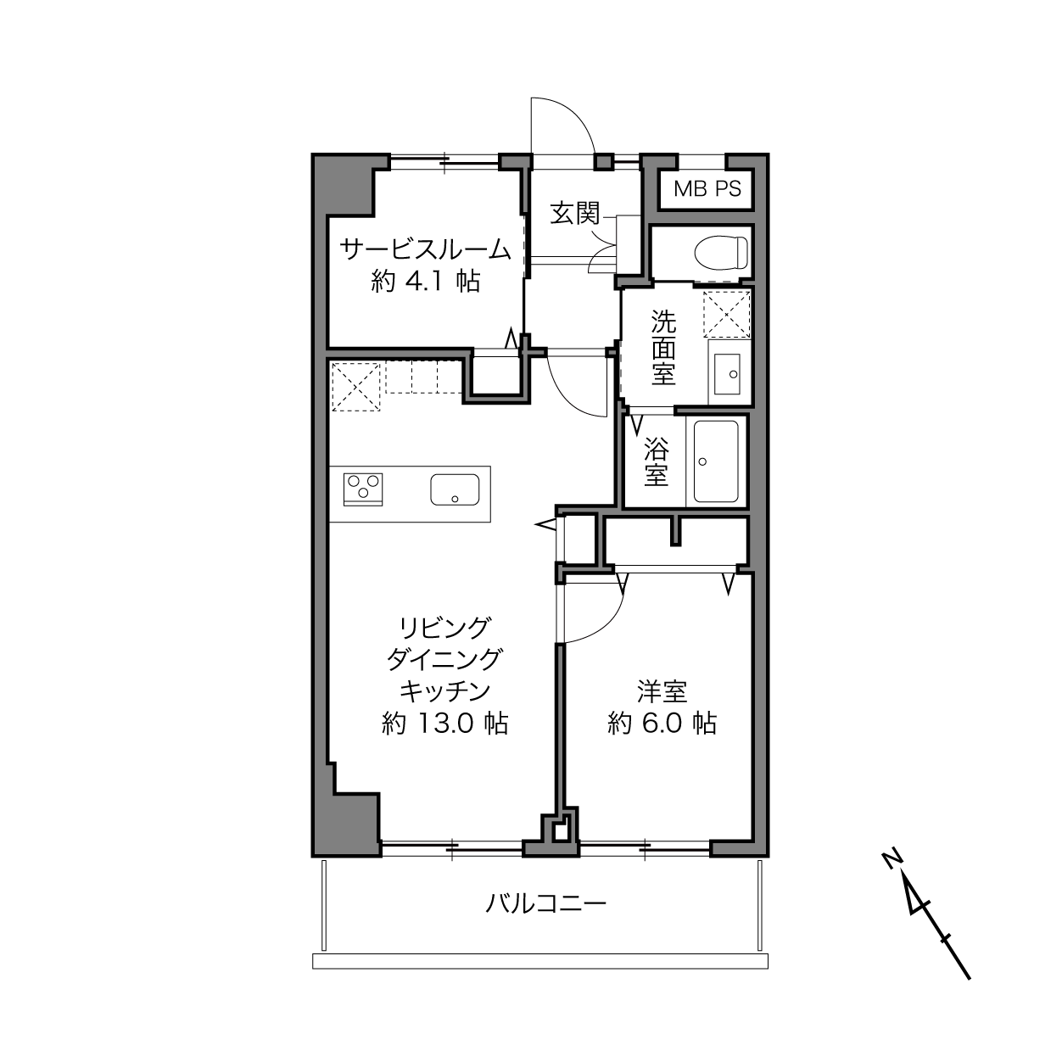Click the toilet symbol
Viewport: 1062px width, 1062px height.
720,254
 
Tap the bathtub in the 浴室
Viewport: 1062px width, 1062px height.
716,461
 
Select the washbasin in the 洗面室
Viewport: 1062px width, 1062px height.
727,374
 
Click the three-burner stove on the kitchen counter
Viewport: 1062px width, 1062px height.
363,489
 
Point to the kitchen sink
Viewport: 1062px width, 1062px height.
455,489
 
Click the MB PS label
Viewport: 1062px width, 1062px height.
707,189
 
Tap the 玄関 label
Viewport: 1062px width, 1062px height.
575,213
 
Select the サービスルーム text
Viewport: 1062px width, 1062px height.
425,250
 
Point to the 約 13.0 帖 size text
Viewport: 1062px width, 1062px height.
444,724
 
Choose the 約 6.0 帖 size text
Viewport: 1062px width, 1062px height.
662,723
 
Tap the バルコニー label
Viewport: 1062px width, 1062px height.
545,904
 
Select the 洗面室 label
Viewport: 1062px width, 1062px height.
663,347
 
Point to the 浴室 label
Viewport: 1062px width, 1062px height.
657,461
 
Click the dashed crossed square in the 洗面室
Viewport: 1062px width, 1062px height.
726,314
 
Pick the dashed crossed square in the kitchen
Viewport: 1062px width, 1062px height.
356,386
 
